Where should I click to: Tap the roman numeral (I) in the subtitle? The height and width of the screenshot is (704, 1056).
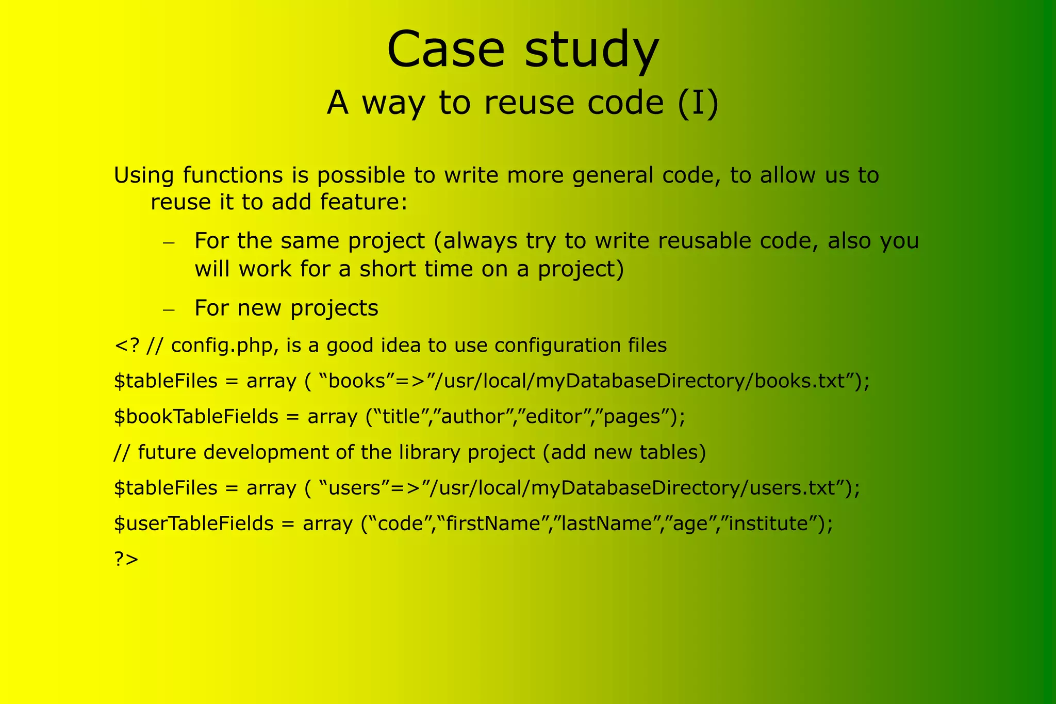[698, 103]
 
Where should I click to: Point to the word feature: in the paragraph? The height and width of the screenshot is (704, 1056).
[364, 202]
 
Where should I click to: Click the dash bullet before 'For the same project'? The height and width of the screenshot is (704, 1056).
[169, 242]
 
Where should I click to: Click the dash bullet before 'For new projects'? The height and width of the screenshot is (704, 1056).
[169, 309]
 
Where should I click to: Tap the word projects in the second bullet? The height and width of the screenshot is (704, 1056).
[334, 309]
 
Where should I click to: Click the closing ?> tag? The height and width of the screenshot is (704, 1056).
[126, 559]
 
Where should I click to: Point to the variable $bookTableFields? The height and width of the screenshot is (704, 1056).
[196, 417]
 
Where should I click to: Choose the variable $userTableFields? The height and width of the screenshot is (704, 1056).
[193, 523]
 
